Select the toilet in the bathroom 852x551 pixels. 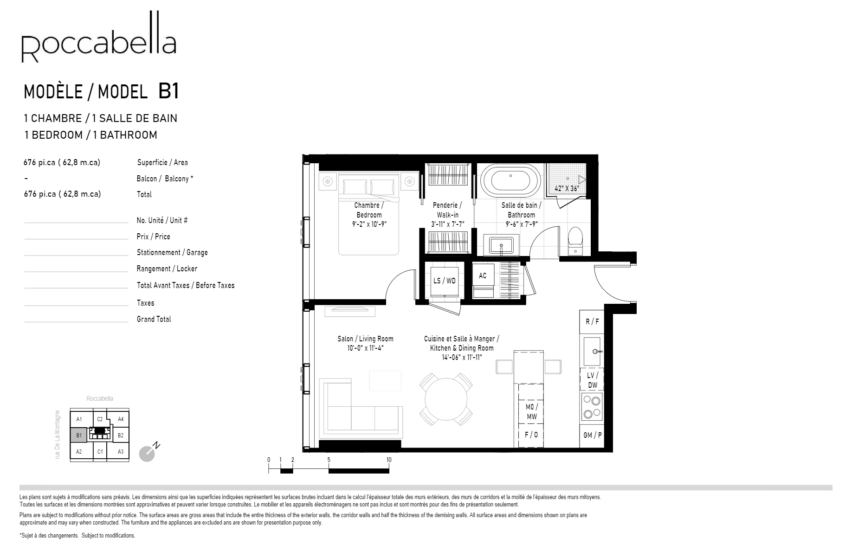[x=575, y=239]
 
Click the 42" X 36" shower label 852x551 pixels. [x=567, y=189]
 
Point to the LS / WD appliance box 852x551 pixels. [x=444, y=281]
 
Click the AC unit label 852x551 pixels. [x=483, y=276]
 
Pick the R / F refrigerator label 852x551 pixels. [x=592, y=321]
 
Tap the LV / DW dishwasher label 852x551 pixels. [x=593, y=380]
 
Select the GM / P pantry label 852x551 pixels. [x=593, y=435]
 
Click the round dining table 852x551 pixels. [x=446, y=400]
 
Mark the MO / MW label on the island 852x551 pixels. [x=531, y=412]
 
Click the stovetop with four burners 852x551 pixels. [x=592, y=407]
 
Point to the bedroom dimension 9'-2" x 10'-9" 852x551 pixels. [x=368, y=224]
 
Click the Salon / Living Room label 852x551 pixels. [x=365, y=339]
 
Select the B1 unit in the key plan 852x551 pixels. [x=79, y=435]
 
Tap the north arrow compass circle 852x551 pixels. [x=147, y=454]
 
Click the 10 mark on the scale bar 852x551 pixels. [x=389, y=460]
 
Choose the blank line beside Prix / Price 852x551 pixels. [x=76, y=238]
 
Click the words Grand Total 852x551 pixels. [x=154, y=319]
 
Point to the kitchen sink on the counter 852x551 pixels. [x=593, y=351]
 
